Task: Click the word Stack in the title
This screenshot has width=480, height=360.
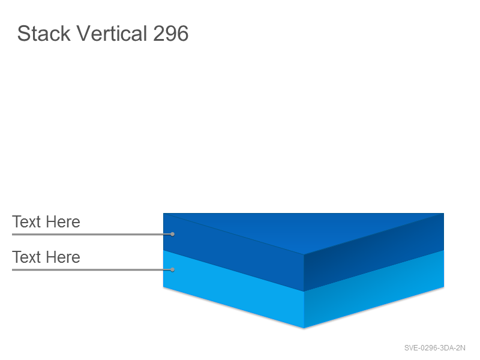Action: click(x=44, y=33)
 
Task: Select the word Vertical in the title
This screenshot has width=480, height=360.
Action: click(x=112, y=33)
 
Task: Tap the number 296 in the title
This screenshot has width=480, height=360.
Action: click(x=170, y=34)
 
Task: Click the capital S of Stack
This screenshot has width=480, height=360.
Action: click(x=23, y=34)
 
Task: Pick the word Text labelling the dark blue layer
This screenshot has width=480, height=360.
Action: click(x=26, y=221)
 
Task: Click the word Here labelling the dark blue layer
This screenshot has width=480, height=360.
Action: click(x=63, y=221)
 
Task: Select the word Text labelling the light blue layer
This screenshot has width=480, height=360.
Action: click(x=26, y=257)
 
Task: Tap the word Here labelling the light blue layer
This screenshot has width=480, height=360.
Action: click(x=63, y=257)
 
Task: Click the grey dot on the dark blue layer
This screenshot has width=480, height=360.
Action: click(x=172, y=234)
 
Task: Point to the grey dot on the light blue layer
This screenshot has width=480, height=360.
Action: click(x=172, y=269)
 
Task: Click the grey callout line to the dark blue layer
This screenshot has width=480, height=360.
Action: click(x=91, y=235)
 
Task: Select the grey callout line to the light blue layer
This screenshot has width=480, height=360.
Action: click(x=91, y=270)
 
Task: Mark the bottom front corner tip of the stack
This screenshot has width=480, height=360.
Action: click(x=304, y=328)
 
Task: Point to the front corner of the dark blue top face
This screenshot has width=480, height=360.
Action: click(x=304, y=254)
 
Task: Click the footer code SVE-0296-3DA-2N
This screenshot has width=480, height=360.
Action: click(x=434, y=348)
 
